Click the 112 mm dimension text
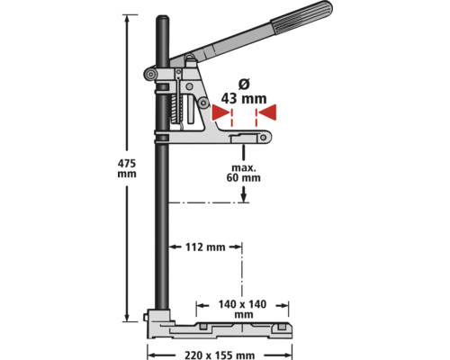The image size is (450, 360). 203,246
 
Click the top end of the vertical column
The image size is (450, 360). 165,18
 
